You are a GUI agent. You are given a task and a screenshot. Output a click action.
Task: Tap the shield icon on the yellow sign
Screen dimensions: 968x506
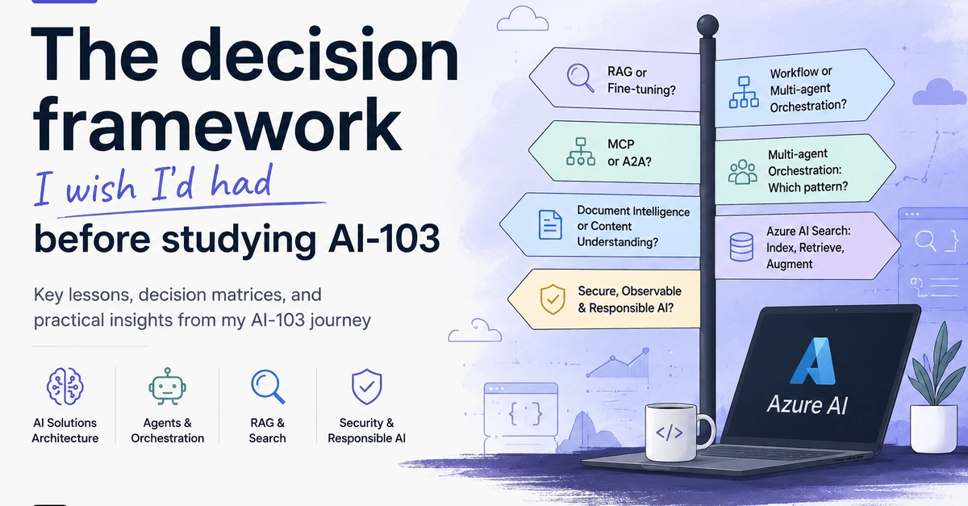click(x=553, y=299)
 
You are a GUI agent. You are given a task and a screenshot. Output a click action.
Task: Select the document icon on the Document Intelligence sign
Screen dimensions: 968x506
click(x=550, y=224)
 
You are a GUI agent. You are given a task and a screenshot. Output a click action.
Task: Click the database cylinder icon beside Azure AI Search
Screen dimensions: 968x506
click(x=741, y=246)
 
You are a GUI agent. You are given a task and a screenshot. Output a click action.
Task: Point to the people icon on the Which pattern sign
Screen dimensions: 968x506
click(x=742, y=172)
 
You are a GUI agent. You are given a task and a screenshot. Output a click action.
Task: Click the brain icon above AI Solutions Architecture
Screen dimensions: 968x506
click(x=65, y=387)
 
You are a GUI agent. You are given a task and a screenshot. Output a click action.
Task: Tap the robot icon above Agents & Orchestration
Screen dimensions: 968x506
click(x=167, y=387)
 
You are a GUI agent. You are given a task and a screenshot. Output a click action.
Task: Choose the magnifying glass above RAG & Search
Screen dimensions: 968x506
click(x=268, y=387)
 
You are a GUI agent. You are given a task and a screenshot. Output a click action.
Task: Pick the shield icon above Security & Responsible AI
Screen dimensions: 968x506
click(x=366, y=387)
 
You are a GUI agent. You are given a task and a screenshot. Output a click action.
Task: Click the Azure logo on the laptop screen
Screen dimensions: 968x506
click(x=813, y=361)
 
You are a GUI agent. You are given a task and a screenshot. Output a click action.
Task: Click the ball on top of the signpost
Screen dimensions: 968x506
click(x=707, y=25)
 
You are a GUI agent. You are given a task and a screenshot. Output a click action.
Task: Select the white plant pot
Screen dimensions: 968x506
click(x=933, y=429)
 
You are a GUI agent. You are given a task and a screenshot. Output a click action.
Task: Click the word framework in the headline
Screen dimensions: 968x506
click(x=217, y=124)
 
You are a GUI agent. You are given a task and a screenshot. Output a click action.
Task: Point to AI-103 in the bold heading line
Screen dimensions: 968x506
click(x=384, y=238)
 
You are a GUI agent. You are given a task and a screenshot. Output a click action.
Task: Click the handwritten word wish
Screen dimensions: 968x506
click(x=100, y=188)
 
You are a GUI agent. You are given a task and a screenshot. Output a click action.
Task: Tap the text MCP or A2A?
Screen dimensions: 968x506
click(x=629, y=153)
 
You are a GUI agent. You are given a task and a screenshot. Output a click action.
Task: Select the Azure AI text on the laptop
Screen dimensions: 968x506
click(x=807, y=405)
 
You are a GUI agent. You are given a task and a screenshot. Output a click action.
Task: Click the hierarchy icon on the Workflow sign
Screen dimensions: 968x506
click(x=744, y=92)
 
